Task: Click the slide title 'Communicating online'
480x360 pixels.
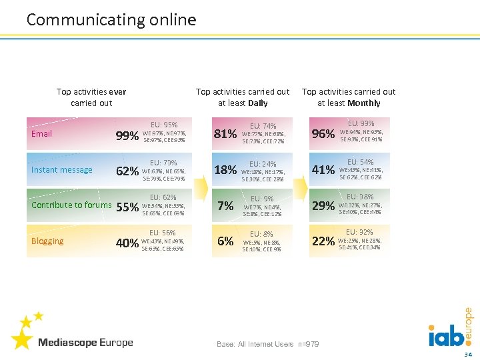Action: point(111,20)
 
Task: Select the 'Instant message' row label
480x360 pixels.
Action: point(62,170)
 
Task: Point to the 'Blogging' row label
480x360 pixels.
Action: point(47,241)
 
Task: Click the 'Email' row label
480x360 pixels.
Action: point(41,134)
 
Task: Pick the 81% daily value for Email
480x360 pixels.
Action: point(225,135)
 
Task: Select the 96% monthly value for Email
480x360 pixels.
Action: point(323,134)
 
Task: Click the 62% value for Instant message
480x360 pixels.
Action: point(127,171)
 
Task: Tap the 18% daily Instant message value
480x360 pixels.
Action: point(225,171)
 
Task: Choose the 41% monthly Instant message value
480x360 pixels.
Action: point(323,170)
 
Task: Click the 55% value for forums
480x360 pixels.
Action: point(127,207)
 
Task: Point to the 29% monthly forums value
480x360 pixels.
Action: point(323,206)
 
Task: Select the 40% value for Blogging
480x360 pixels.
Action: point(127,243)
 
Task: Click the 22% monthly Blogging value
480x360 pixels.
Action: point(323,241)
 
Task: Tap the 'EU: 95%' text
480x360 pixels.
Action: point(164,125)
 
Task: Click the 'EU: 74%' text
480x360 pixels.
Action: point(263,126)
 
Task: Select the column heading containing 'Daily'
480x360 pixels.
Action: point(243,97)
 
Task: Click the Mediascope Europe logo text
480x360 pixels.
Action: point(85,343)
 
